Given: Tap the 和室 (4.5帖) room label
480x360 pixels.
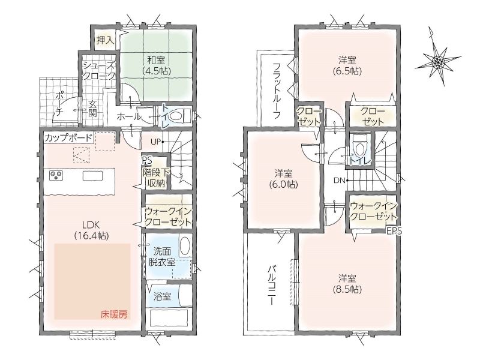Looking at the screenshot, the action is point(156,65).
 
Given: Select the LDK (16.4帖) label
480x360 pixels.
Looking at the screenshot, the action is point(91,230).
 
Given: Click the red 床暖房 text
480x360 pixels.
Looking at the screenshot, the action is point(114,314).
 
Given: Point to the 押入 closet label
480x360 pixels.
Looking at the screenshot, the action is point(105,40).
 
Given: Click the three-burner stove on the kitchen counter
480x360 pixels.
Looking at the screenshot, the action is point(56,175).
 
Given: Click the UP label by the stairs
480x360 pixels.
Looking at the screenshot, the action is point(155,142).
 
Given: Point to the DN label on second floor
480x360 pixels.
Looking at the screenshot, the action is point(339,181).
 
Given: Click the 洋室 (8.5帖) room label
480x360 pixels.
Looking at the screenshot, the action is point(347,284).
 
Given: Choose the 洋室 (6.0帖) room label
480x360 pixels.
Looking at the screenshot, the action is point(283,179).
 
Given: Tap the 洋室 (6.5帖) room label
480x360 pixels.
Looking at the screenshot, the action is point(347,65).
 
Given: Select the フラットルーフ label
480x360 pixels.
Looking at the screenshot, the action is point(277,91).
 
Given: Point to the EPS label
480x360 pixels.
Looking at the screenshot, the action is point(394,231).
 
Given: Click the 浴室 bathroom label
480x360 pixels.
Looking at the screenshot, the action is point(162,296).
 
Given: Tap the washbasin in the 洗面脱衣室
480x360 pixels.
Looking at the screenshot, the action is point(184,247).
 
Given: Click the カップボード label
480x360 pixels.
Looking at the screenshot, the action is point(68,137).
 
